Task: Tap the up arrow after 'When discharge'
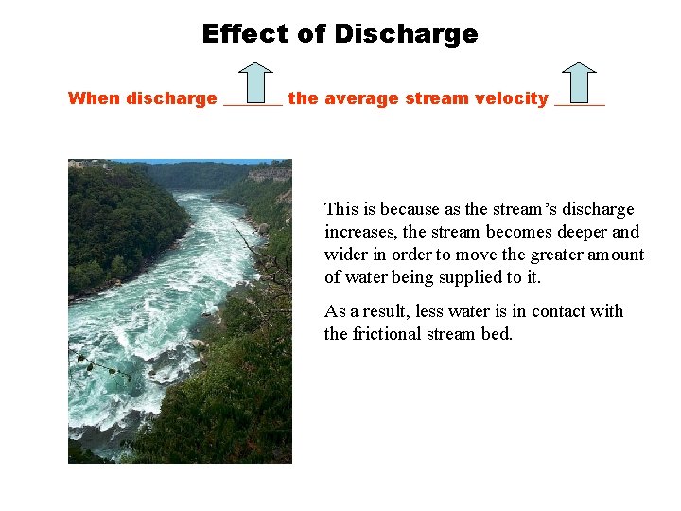pyautogui.click(x=253, y=82)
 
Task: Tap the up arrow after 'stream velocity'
pyautogui.click(x=579, y=82)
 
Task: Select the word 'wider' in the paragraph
pyautogui.click(x=346, y=255)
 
